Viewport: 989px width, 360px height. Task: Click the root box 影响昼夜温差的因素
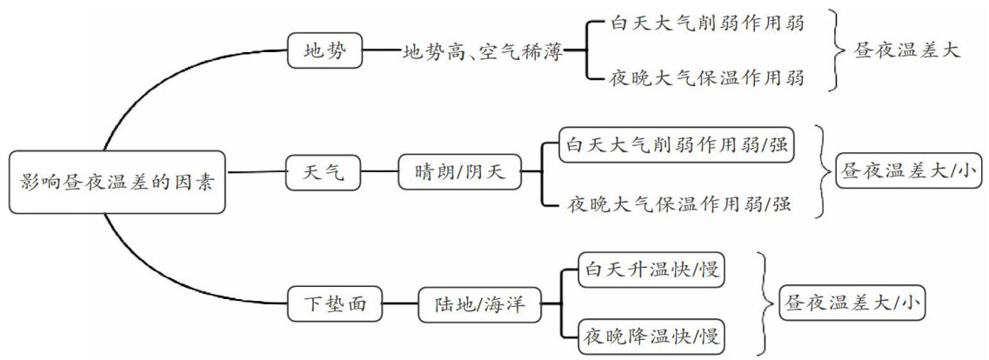point(117,183)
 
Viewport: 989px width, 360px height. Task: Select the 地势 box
point(324,51)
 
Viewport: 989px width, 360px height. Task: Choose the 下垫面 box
point(334,304)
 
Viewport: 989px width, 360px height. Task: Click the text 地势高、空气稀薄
point(482,51)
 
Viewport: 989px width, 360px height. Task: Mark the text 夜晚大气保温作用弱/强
point(680,204)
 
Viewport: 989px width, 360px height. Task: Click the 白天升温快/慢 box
point(651,271)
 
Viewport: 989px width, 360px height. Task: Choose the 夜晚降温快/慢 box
point(651,335)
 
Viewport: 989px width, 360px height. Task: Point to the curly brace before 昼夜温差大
point(837,50)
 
